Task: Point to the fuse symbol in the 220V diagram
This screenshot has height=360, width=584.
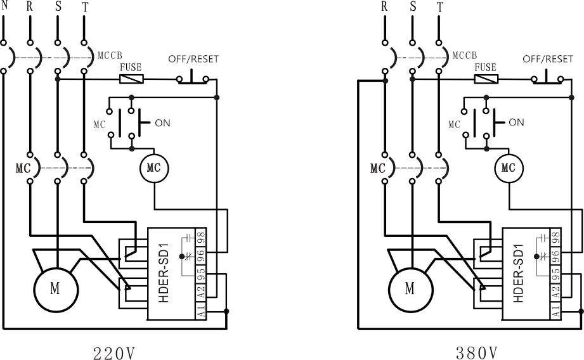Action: [131, 79]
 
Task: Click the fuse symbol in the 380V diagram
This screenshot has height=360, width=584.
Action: [486, 79]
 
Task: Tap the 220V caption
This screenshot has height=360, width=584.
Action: [114, 353]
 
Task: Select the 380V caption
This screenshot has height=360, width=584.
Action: [477, 353]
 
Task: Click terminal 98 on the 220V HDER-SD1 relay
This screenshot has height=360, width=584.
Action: [201, 236]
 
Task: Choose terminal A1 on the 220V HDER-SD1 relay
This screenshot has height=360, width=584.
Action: [201, 311]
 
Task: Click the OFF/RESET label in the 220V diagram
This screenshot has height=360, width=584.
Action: [193, 59]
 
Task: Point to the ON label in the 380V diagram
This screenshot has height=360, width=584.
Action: [516, 122]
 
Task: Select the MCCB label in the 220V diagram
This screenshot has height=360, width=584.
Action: [110, 56]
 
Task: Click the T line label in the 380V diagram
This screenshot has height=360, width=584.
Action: [440, 7]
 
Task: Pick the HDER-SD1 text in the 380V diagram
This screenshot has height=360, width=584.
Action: [519, 273]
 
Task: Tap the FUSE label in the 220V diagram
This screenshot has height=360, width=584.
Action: [131, 67]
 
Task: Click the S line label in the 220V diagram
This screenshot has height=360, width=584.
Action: [58, 6]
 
